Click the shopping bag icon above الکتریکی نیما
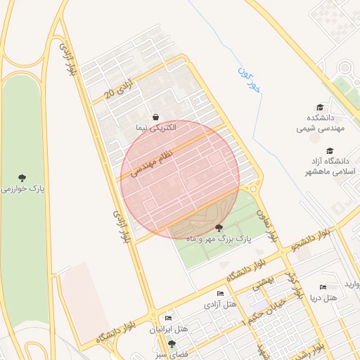(155, 117)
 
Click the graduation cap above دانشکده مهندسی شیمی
(321, 108)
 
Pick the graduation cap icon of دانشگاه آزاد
(330, 150)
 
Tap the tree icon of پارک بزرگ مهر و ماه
(219, 227)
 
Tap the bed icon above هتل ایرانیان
(168, 318)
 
